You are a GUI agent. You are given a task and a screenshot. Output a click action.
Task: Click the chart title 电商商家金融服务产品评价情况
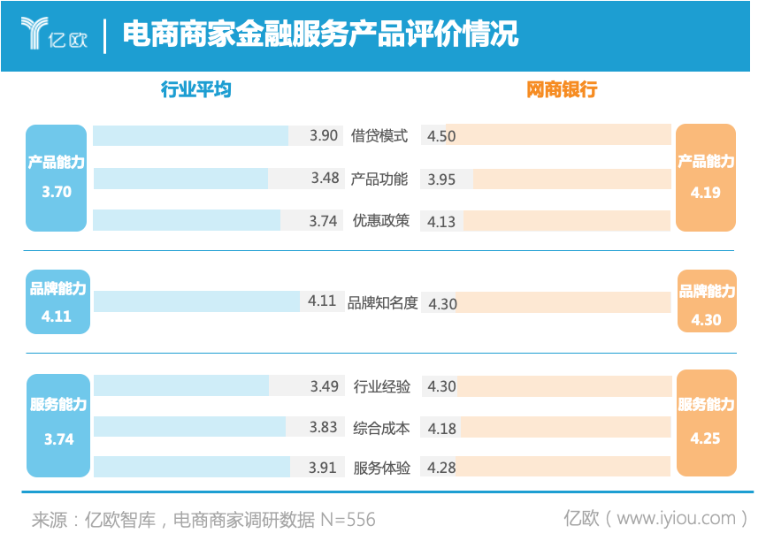pyautogui.click(x=319, y=34)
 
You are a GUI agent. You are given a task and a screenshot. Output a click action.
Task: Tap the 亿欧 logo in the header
pyautogui.click(x=54, y=34)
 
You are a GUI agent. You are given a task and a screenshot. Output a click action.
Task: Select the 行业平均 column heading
pyautogui.click(x=196, y=89)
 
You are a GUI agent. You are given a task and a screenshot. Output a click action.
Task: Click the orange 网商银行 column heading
pyautogui.click(x=562, y=89)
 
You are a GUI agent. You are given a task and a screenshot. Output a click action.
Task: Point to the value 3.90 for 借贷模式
pyautogui.click(x=324, y=135)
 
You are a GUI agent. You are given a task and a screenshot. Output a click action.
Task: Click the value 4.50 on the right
pyautogui.click(x=441, y=135)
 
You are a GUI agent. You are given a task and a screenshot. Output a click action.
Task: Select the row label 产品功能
pyautogui.click(x=379, y=179)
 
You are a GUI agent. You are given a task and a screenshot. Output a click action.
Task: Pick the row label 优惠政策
pyautogui.click(x=380, y=221)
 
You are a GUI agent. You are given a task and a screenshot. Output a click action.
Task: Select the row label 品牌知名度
pyautogui.click(x=382, y=302)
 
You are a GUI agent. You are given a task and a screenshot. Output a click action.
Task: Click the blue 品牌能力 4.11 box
pyautogui.click(x=57, y=301)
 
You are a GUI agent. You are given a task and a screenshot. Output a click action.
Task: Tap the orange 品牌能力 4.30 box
pyautogui.click(x=707, y=301)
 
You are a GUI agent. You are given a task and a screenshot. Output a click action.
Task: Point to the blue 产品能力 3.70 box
pyautogui.click(x=57, y=177)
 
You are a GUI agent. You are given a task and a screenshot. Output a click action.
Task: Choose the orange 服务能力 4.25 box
pyautogui.click(x=707, y=421)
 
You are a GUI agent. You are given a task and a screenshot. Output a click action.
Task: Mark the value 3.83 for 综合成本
pyautogui.click(x=324, y=427)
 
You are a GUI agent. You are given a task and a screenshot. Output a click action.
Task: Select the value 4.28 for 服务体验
pyautogui.click(x=441, y=468)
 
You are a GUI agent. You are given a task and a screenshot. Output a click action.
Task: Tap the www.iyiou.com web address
pyautogui.click(x=676, y=518)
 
